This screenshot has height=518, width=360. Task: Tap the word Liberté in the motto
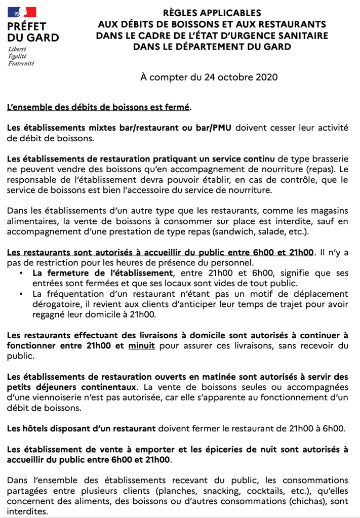coord(17,50)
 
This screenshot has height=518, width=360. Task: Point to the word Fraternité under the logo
coord(21,64)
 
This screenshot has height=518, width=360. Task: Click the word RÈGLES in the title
coord(182,13)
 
